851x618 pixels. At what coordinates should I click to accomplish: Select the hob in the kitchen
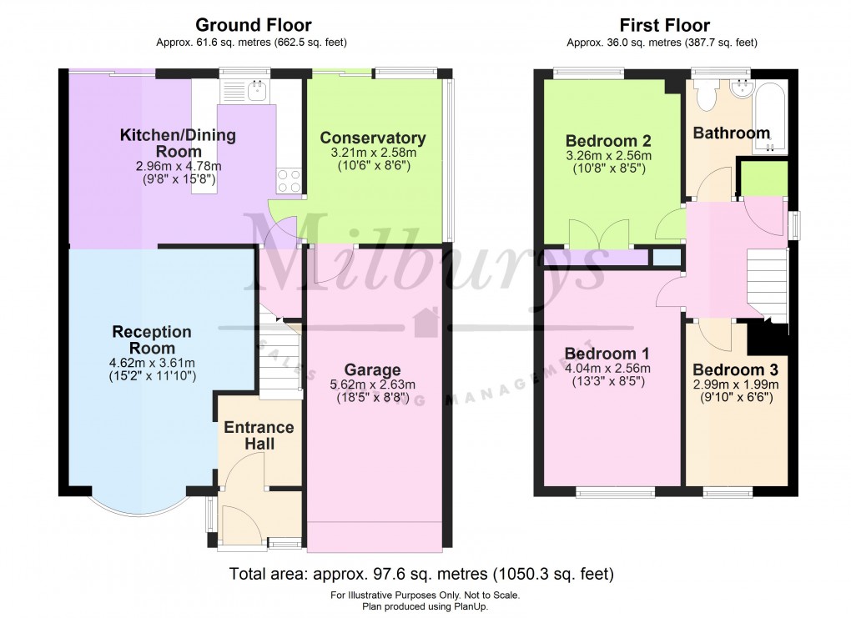click(289, 181)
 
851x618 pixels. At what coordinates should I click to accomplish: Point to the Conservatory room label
click(372, 138)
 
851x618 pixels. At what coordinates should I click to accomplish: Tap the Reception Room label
click(152, 339)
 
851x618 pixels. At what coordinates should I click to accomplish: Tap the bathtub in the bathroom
click(769, 117)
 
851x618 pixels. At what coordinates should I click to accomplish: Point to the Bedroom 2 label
click(608, 140)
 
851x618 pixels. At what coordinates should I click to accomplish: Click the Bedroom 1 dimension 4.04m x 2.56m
click(608, 368)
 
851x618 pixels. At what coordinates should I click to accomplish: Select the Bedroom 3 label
click(735, 370)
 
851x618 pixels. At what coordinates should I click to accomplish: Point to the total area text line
click(421, 574)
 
